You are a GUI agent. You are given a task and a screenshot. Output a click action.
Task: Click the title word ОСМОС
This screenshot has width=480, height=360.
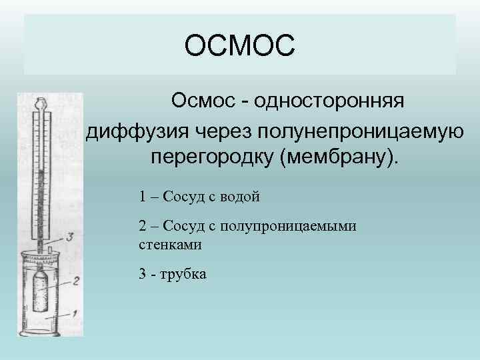(239, 47)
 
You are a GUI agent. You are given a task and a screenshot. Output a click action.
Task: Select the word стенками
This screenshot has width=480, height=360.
(170, 244)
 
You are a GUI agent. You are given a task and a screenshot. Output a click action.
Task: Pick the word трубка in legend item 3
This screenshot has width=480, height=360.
(184, 274)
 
